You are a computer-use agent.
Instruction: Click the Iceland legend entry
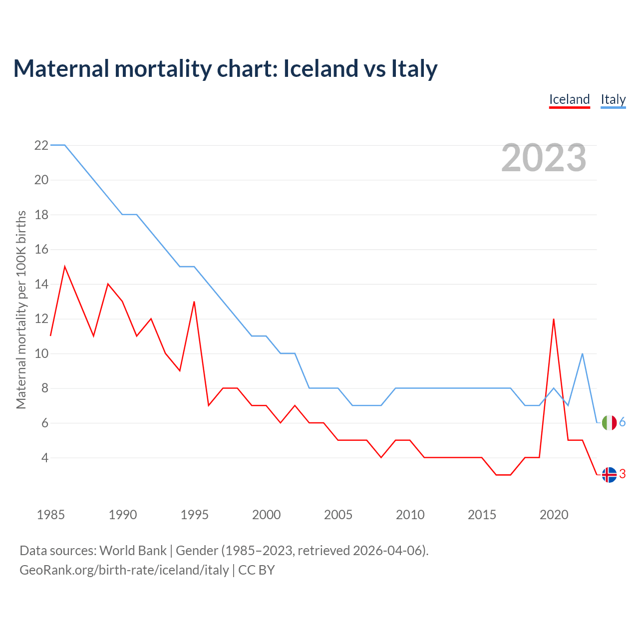(x=569, y=99)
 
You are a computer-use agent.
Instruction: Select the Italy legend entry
(x=613, y=99)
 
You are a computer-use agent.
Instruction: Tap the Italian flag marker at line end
(x=609, y=423)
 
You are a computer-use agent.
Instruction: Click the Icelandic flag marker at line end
(x=609, y=475)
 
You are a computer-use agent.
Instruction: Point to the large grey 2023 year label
(x=544, y=158)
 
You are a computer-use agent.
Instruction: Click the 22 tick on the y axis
(x=41, y=145)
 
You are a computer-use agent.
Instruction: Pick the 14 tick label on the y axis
(x=41, y=284)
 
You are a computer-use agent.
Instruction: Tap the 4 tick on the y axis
(x=44, y=458)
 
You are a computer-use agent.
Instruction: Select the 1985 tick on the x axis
(x=50, y=515)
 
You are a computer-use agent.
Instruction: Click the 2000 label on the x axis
(x=266, y=515)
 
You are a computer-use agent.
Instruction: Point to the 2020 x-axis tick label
(x=554, y=515)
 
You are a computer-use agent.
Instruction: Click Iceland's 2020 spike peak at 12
(x=554, y=319)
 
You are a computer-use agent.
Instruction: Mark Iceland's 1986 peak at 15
(x=65, y=267)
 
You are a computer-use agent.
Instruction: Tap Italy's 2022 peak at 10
(x=582, y=353)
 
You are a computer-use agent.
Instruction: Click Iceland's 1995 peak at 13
(x=194, y=302)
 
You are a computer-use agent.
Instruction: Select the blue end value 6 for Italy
(x=623, y=422)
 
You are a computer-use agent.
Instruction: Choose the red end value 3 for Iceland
(x=623, y=474)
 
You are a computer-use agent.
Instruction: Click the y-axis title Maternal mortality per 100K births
(x=21, y=310)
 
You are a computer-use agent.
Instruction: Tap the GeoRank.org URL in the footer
(x=124, y=570)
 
